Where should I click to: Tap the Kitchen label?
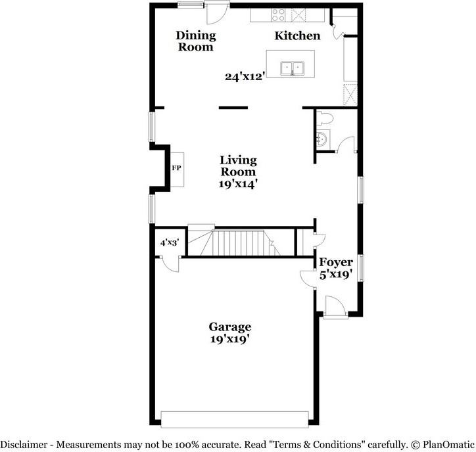(x=297, y=35)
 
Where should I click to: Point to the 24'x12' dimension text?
(x=245, y=76)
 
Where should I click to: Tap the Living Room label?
(x=238, y=166)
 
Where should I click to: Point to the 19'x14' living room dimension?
(x=238, y=185)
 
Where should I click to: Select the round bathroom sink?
(x=321, y=139)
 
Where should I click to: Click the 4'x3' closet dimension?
(x=169, y=242)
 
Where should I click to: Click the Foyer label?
(x=336, y=263)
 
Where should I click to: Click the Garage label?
(x=230, y=327)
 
